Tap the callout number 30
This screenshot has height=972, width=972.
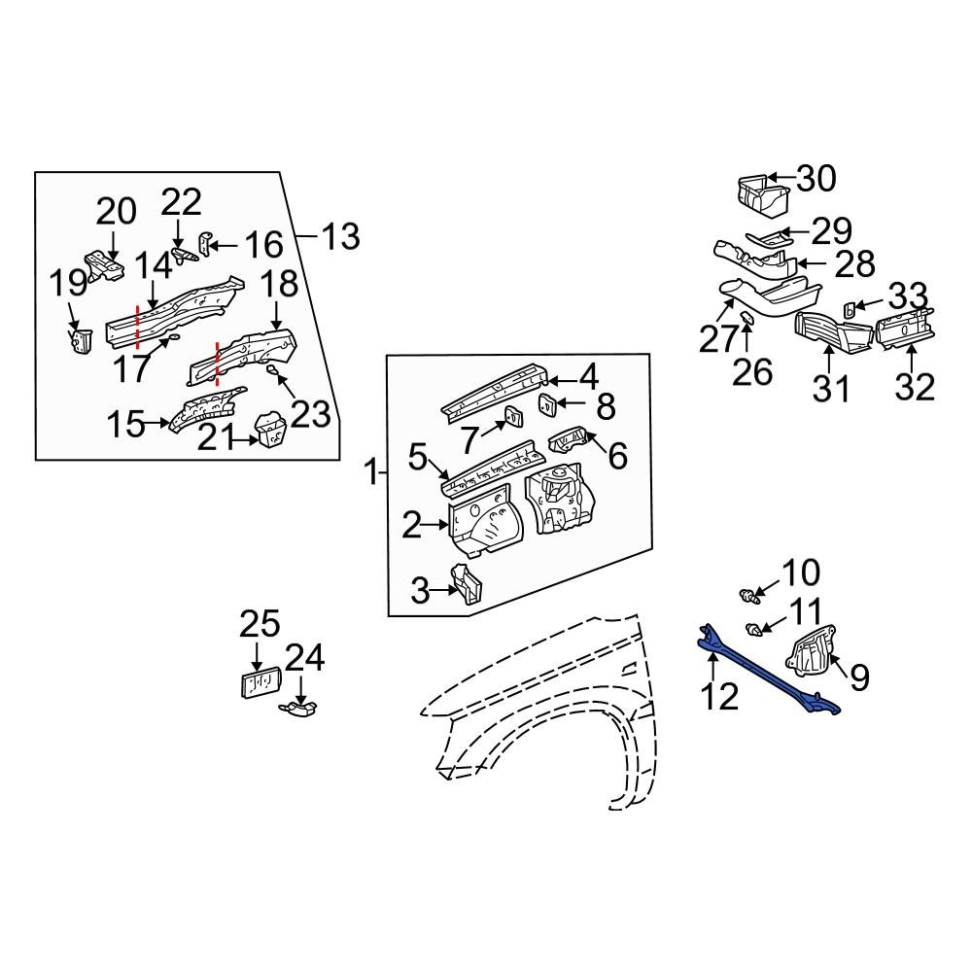[816, 180]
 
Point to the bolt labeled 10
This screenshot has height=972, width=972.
[746, 593]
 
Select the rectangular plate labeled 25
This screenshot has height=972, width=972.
[258, 684]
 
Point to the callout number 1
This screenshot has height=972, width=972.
[369, 473]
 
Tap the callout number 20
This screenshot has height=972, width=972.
[117, 211]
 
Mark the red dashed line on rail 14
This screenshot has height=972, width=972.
[138, 326]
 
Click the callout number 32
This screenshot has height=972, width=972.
[915, 386]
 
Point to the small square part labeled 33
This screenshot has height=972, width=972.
[847, 309]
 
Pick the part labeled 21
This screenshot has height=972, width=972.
[267, 431]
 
